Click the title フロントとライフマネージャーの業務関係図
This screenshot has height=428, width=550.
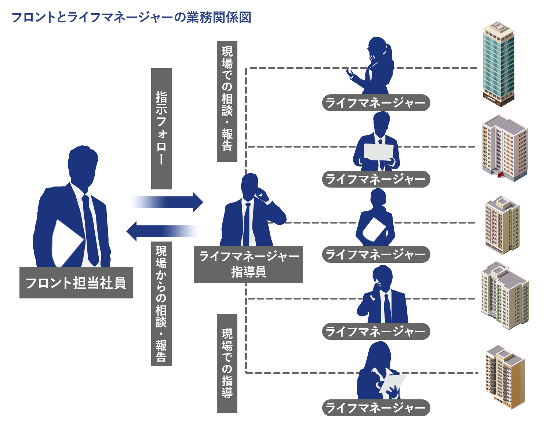(x=131, y=17)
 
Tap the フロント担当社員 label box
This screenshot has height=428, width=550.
(x=76, y=283)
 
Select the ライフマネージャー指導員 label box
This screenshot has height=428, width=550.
(x=248, y=264)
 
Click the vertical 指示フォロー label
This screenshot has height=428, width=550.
(x=161, y=128)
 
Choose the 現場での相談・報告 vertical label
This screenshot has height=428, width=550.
(x=227, y=101)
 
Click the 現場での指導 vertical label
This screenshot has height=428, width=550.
(x=227, y=363)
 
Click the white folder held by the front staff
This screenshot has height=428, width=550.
(x=66, y=242)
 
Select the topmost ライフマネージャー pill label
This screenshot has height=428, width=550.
(x=376, y=103)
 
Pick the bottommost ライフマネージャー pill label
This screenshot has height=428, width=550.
(x=376, y=407)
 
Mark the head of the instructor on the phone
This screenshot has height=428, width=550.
(x=250, y=184)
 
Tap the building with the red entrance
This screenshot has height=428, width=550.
(x=505, y=149)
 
